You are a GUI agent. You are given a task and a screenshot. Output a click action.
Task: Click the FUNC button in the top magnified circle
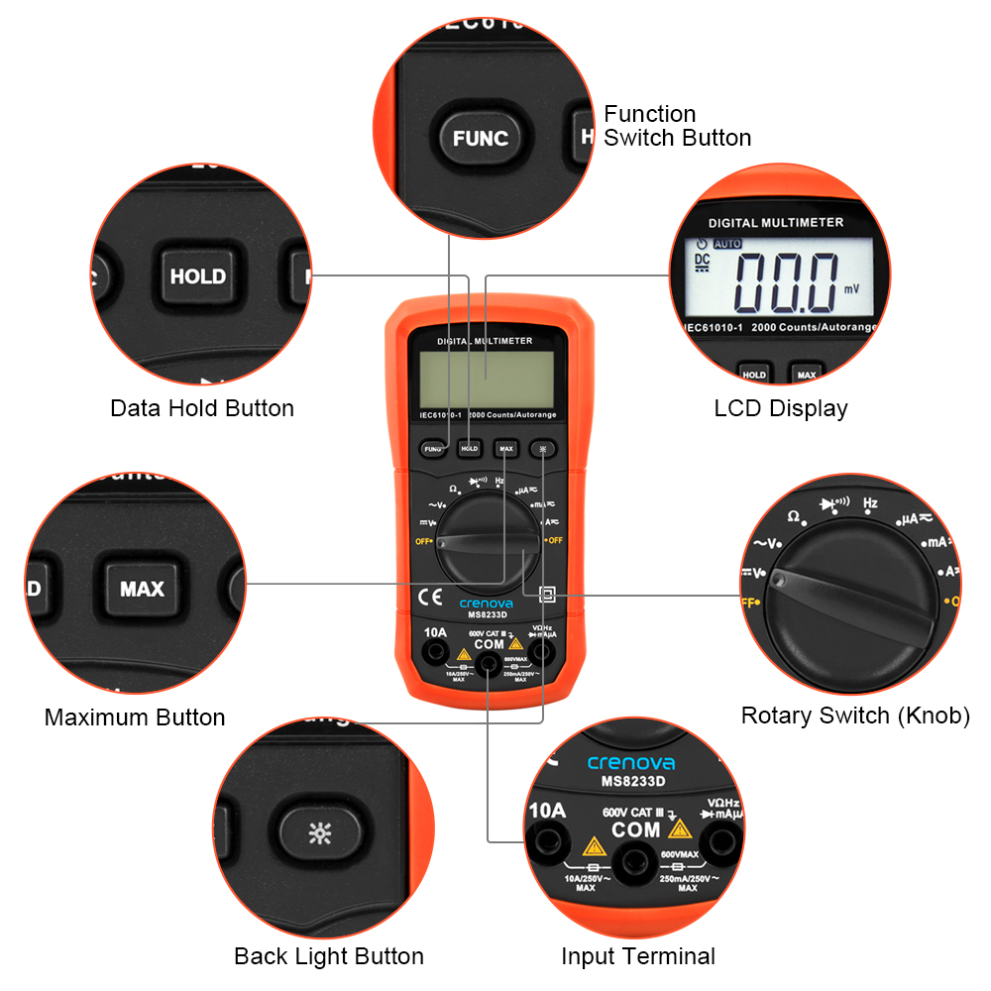[480, 139]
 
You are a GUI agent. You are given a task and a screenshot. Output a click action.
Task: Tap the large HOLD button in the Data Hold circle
[198, 276]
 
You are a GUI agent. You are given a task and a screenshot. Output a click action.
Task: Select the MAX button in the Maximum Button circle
[142, 589]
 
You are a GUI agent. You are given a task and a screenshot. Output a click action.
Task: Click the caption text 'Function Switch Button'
[677, 126]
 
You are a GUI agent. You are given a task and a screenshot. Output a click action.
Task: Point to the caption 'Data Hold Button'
[202, 408]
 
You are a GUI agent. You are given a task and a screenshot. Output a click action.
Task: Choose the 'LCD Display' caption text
[781, 408]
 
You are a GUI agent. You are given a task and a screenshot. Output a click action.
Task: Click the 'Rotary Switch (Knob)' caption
[855, 716]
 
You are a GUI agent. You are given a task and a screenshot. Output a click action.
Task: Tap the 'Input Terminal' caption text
[638, 956]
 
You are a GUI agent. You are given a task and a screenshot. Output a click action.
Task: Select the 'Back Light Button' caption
[329, 956]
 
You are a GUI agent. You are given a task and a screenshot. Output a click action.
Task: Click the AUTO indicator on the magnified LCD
[727, 244]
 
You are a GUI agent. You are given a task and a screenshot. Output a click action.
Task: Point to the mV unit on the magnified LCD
[852, 289]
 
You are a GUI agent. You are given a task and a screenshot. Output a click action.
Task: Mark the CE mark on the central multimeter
[432, 597]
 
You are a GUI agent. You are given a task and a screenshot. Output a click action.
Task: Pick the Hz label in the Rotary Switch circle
[870, 503]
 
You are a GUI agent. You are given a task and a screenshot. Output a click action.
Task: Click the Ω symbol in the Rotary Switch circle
[793, 516]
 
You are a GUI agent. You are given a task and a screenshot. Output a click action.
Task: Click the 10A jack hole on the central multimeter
[434, 651]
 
